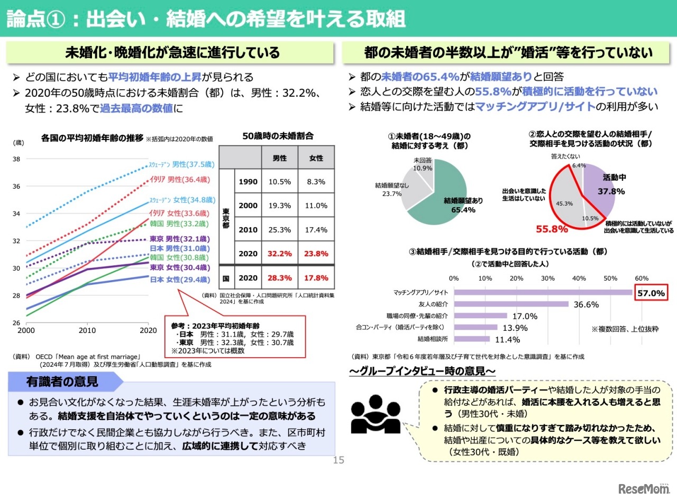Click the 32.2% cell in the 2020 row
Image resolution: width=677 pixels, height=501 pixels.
pos(279,253)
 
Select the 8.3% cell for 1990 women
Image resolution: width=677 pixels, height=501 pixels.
pos(316,181)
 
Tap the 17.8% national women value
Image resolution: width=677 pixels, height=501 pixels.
pos(316,278)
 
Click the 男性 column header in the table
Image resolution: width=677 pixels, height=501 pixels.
pos(279,157)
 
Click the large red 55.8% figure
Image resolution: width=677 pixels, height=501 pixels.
pos(552,229)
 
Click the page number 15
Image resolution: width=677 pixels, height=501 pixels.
pos(338,460)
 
